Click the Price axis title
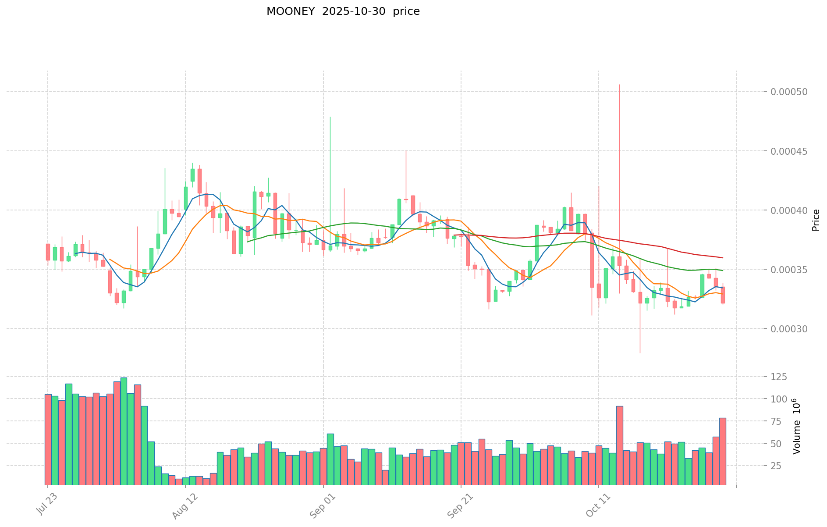(816, 220)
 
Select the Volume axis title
(797, 426)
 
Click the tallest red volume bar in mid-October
(619, 445)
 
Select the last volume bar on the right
(722, 451)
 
